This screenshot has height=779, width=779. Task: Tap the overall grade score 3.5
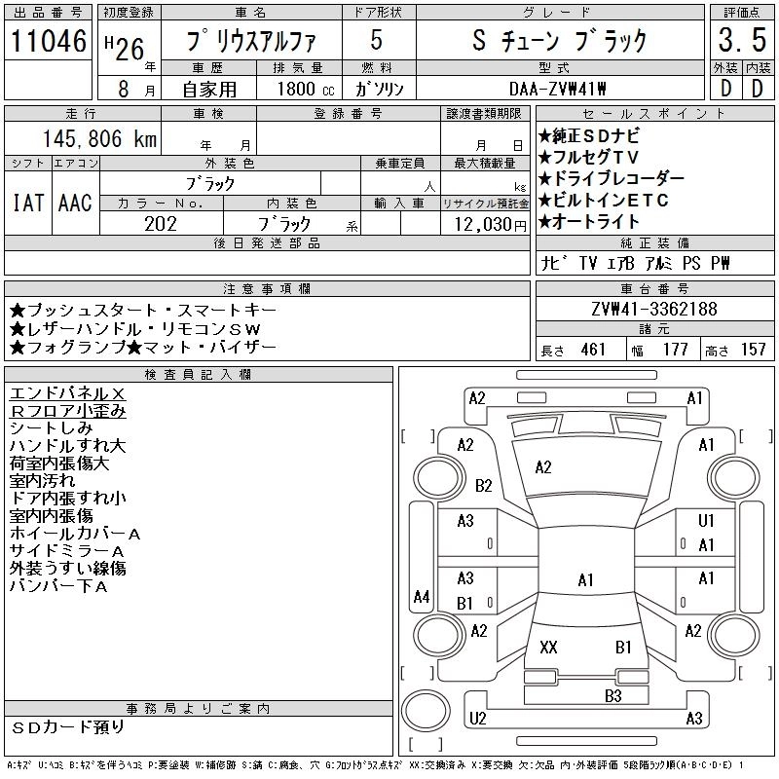tap(739, 41)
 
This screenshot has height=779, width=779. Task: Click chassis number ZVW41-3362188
tap(653, 310)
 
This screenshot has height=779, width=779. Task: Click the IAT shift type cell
tap(27, 204)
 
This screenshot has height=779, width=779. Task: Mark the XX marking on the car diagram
tap(548, 647)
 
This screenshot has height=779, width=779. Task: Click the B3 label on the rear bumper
tap(612, 695)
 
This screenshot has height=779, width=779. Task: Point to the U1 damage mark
tap(707, 521)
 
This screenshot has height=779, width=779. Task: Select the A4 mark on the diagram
tap(422, 596)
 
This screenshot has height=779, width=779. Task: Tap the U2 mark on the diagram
tap(477, 719)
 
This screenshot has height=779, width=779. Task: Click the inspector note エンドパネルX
tap(67, 393)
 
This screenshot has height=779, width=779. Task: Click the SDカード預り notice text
tap(69, 726)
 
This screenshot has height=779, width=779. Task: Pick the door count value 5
tap(376, 41)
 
